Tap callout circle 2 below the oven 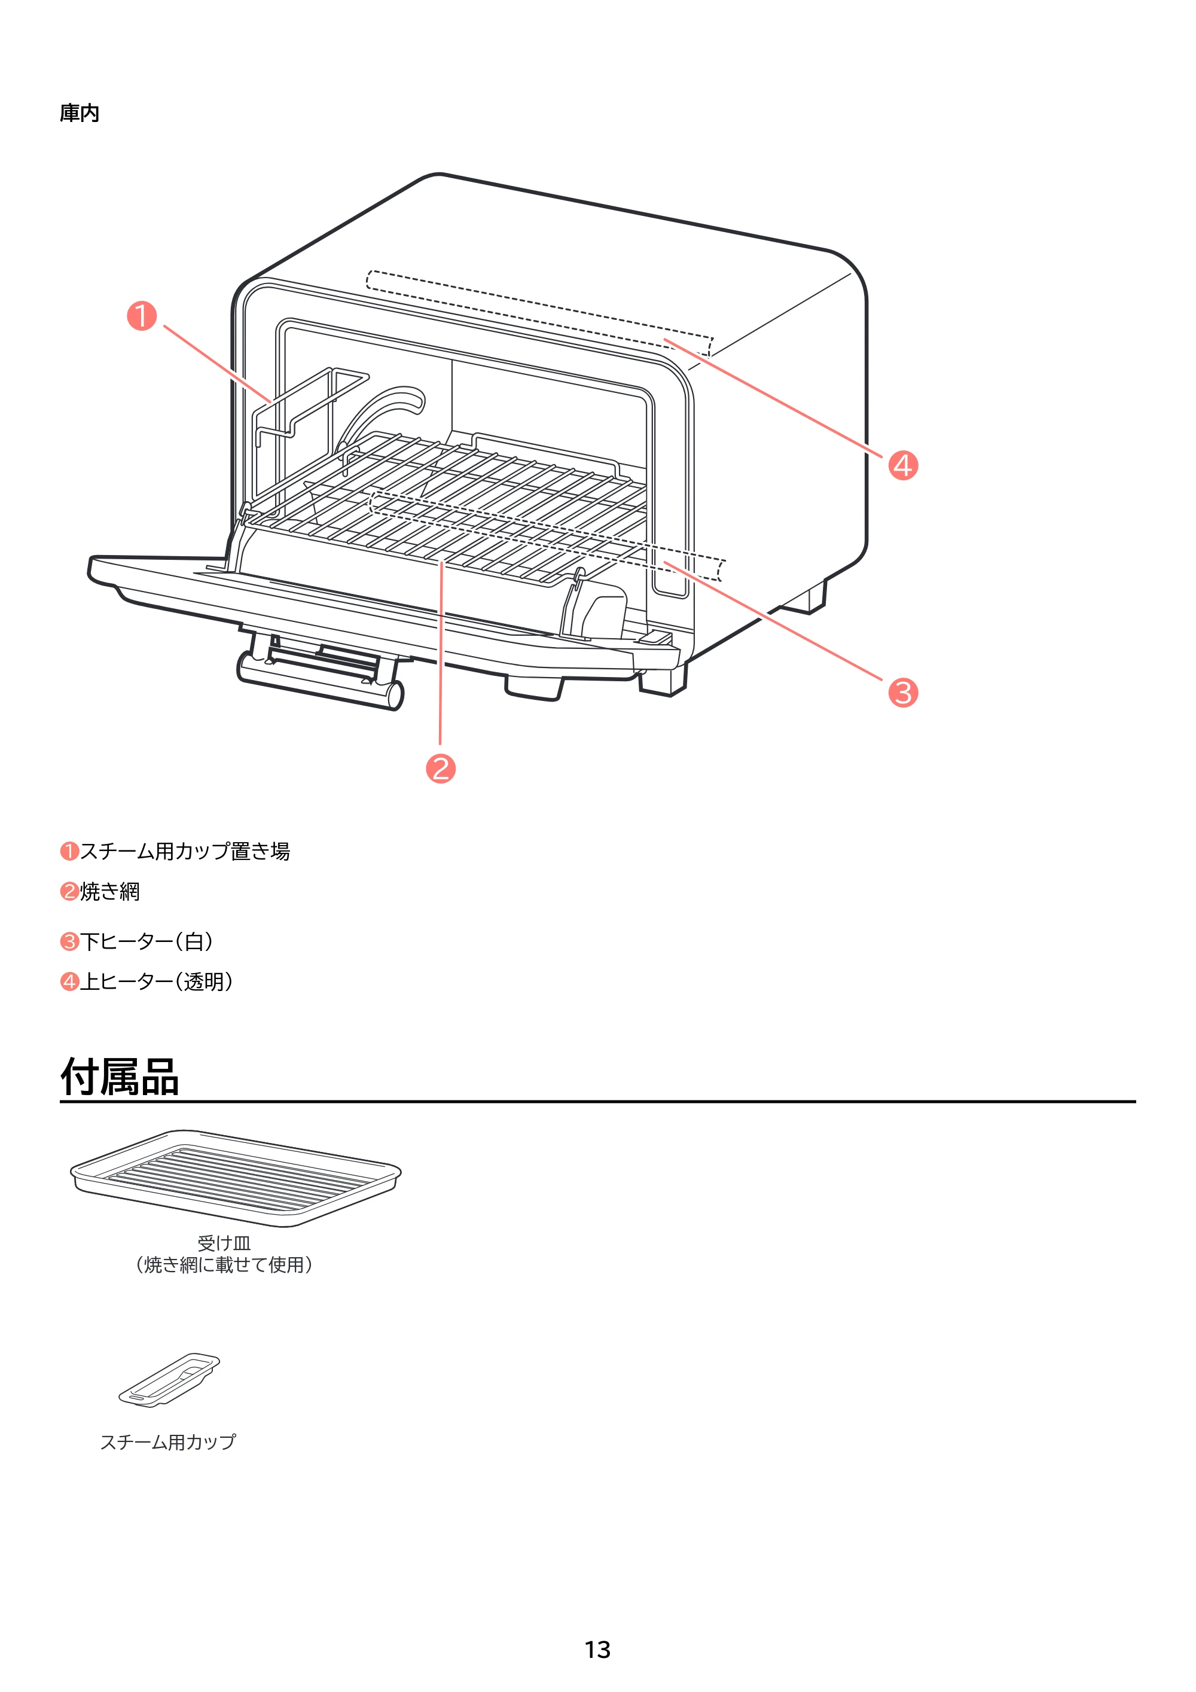click(x=441, y=769)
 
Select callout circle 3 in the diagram click(x=903, y=693)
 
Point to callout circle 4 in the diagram click(x=903, y=465)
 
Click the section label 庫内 click(x=80, y=113)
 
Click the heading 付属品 click(x=120, y=1077)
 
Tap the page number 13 click(x=597, y=1650)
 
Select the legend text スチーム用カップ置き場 click(x=185, y=851)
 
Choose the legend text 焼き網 click(x=110, y=892)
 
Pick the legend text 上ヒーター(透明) click(x=157, y=981)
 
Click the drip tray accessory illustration click(x=236, y=1178)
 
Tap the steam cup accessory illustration click(x=169, y=1380)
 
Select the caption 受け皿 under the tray click(x=224, y=1243)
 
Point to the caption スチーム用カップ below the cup click(x=168, y=1441)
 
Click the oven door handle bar click(x=321, y=679)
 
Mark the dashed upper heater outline click(x=539, y=312)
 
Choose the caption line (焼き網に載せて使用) click(x=224, y=1264)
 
